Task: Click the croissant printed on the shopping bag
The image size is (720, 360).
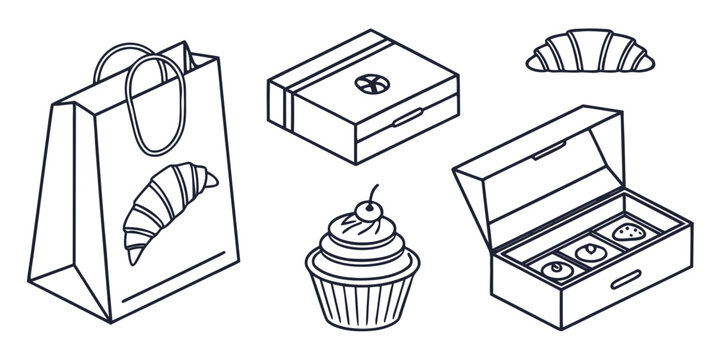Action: [x=167, y=211]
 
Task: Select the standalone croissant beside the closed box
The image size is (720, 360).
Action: [x=589, y=54]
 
